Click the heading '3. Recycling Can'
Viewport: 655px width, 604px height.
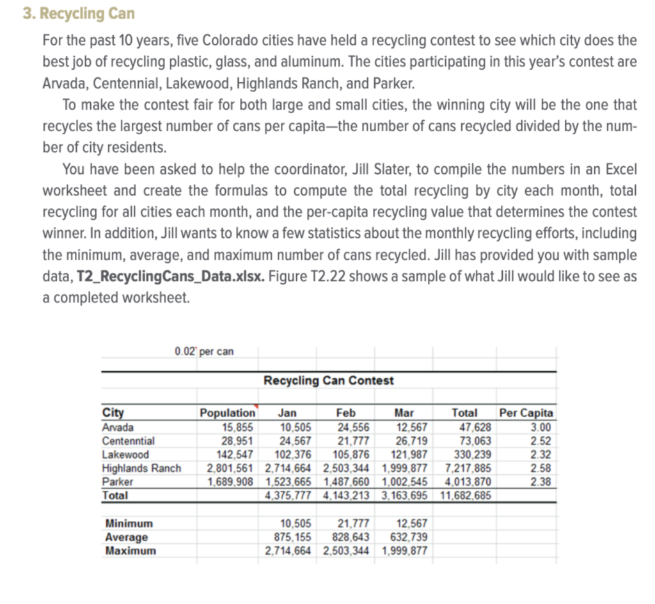(79, 13)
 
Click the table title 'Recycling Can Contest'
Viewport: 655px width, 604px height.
(329, 381)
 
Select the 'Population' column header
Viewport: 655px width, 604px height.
(227, 414)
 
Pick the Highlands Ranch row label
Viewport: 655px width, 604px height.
(141, 468)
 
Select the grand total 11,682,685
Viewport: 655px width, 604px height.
(464, 495)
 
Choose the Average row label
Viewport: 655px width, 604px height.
(127, 537)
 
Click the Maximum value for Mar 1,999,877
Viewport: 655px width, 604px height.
(404, 550)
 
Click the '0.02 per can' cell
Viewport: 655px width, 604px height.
(204, 351)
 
